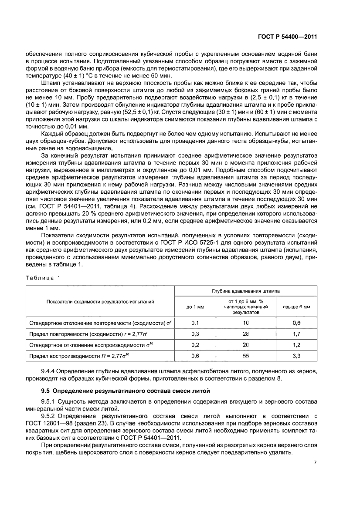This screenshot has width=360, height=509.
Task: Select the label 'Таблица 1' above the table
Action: pyautogui.click(x=42, y=278)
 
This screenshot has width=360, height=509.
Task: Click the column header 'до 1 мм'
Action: pyautogui.click(x=195, y=307)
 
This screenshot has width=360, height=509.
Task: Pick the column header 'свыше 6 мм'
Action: pyautogui.click(x=296, y=307)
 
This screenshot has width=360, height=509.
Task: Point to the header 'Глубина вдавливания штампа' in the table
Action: pyautogui.click(x=246, y=290)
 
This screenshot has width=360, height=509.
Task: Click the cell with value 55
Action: pyautogui.click(x=246, y=356)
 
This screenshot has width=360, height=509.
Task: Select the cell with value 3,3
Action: pyautogui.click(x=296, y=356)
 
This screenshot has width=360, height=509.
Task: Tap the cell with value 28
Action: pyautogui.click(x=246, y=334)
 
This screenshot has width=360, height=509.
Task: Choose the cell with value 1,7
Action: pyautogui.click(x=296, y=334)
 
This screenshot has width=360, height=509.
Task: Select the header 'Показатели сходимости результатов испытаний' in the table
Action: pyautogui.click(x=100, y=301)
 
